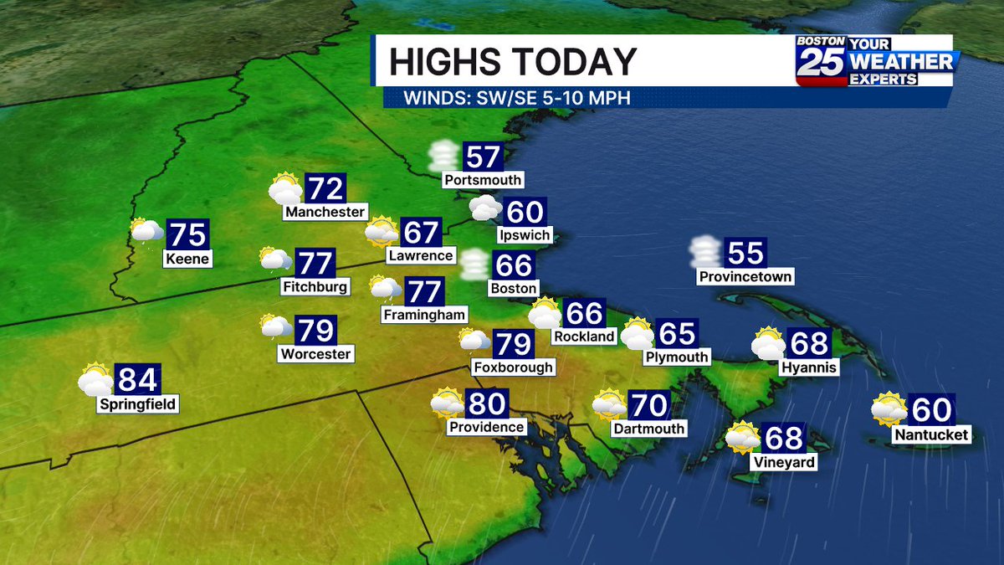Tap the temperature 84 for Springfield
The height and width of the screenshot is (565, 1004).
click(x=137, y=380)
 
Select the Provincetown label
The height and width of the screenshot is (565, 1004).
click(x=745, y=276)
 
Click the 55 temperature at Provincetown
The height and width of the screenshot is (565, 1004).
click(x=745, y=253)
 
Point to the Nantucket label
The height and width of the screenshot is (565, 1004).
click(x=931, y=434)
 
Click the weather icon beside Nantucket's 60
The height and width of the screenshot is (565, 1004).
click(x=889, y=409)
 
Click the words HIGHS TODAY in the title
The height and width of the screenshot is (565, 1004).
click(x=513, y=62)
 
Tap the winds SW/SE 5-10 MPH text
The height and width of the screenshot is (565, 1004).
click(x=517, y=97)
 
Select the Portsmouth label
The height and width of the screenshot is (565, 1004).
click(x=484, y=180)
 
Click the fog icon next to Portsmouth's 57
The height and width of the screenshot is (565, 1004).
click(x=442, y=157)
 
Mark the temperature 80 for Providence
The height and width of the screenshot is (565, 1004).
click(x=487, y=404)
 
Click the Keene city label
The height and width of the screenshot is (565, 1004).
click(x=187, y=259)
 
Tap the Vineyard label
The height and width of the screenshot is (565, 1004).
click(x=783, y=461)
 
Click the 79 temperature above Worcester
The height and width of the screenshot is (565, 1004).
click(x=316, y=331)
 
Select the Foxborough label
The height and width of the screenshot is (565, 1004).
click(x=513, y=367)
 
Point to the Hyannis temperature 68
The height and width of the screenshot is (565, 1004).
click(x=808, y=343)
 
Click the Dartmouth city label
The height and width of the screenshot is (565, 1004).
click(x=648, y=429)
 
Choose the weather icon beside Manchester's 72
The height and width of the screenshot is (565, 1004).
click(x=284, y=189)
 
